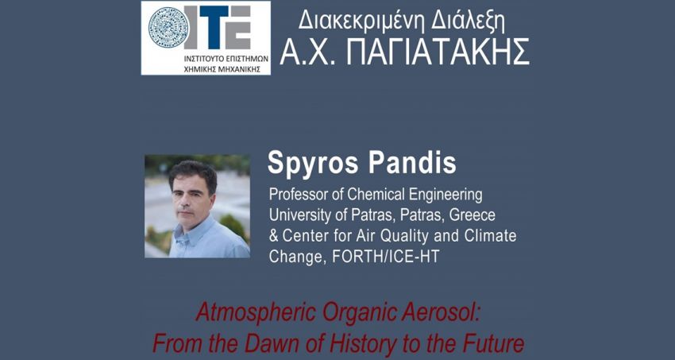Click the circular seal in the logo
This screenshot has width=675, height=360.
click(x=168, y=28)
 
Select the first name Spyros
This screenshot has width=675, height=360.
click(x=311, y=163)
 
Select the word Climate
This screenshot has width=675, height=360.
click(x=488, y=236)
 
